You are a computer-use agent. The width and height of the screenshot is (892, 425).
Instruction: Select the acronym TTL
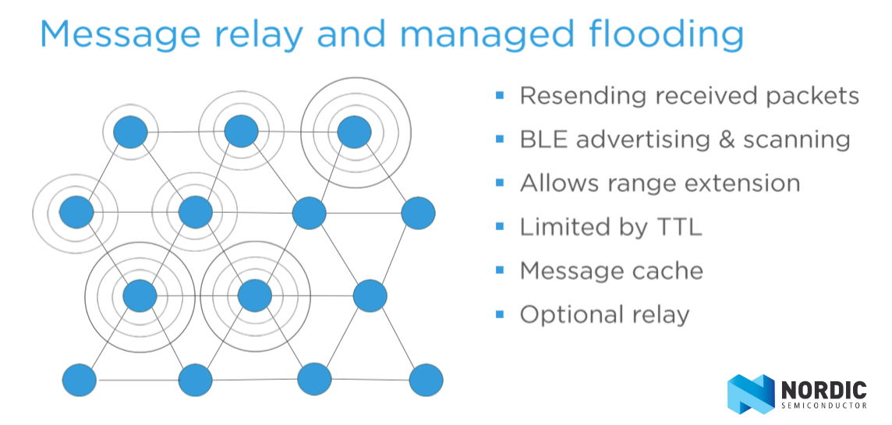point(676,227)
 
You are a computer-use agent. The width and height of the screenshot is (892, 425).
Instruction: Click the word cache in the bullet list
point(668,271)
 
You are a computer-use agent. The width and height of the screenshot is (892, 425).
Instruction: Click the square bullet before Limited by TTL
point(500,226)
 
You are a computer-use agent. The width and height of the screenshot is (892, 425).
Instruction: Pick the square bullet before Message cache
point(500,270)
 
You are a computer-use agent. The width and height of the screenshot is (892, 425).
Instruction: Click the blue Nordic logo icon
point(750,393)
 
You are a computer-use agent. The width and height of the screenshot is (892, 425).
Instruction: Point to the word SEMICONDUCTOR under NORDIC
point(823,406)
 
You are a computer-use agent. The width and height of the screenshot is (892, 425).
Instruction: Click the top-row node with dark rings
point(355,133)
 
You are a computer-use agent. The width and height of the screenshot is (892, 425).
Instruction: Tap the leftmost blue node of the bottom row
point(80,380)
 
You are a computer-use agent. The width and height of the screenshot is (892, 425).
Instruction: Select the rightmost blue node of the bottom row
point(427,380)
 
